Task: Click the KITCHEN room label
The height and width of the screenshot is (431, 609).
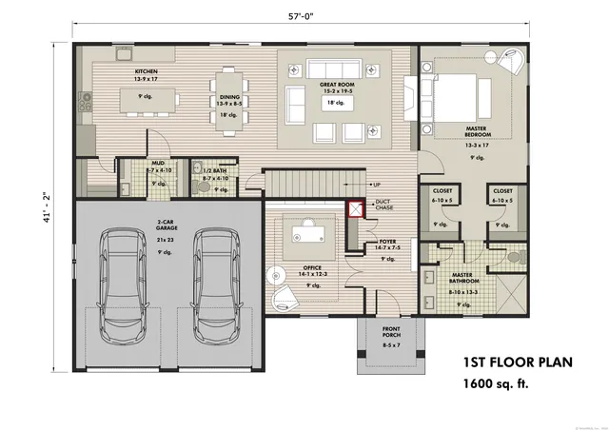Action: [146, 71]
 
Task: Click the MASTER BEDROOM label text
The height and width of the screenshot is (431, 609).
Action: [478, 130]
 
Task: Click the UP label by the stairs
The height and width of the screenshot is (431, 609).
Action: [377, 184]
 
